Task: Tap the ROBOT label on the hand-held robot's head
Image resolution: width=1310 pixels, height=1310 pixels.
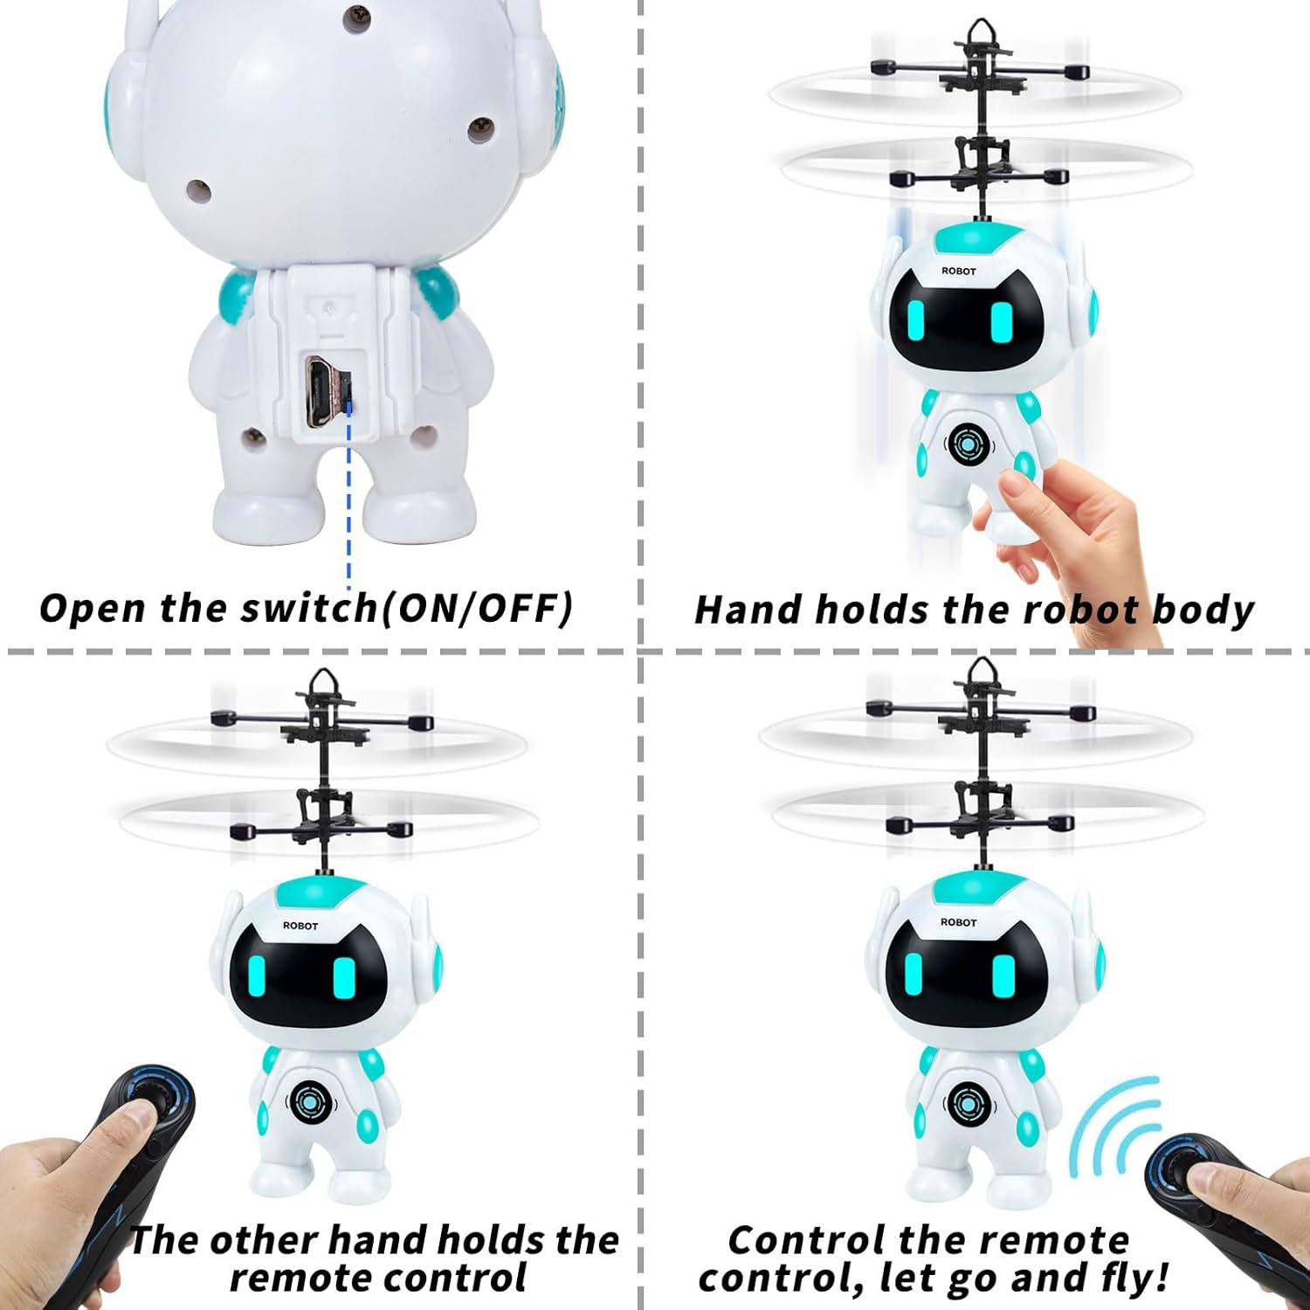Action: click(958, 272)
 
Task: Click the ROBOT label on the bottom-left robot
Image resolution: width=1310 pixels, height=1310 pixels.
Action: click(300, 926)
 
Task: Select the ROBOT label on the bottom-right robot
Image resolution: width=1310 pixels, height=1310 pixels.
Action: click(958, 922)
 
